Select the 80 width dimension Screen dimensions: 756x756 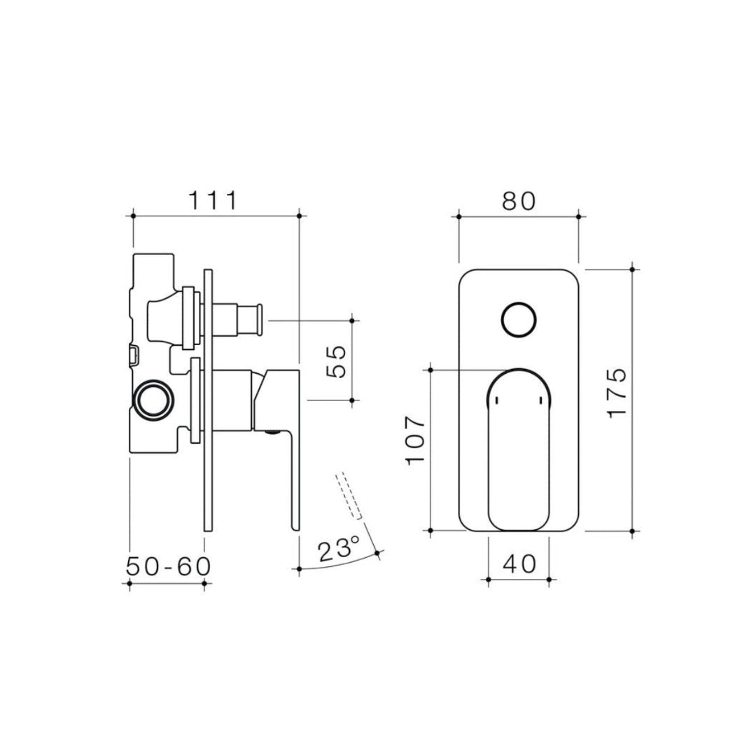point(518,200)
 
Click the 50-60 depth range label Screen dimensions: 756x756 point(168,566)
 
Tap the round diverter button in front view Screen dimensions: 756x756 point(519,321)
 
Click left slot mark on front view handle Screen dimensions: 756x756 point(496,400)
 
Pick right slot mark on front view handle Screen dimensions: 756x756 point(540,400)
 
